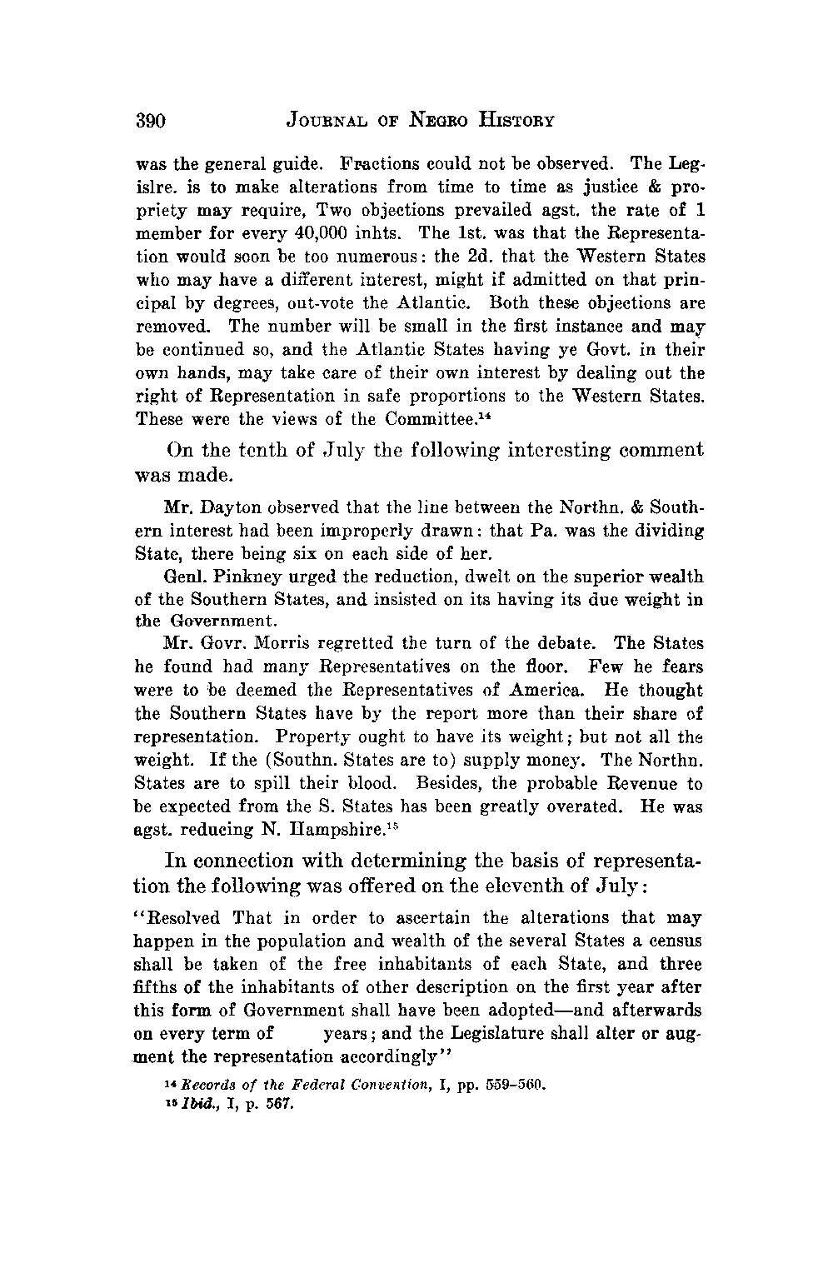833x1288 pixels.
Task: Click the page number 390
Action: (152, 121)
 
